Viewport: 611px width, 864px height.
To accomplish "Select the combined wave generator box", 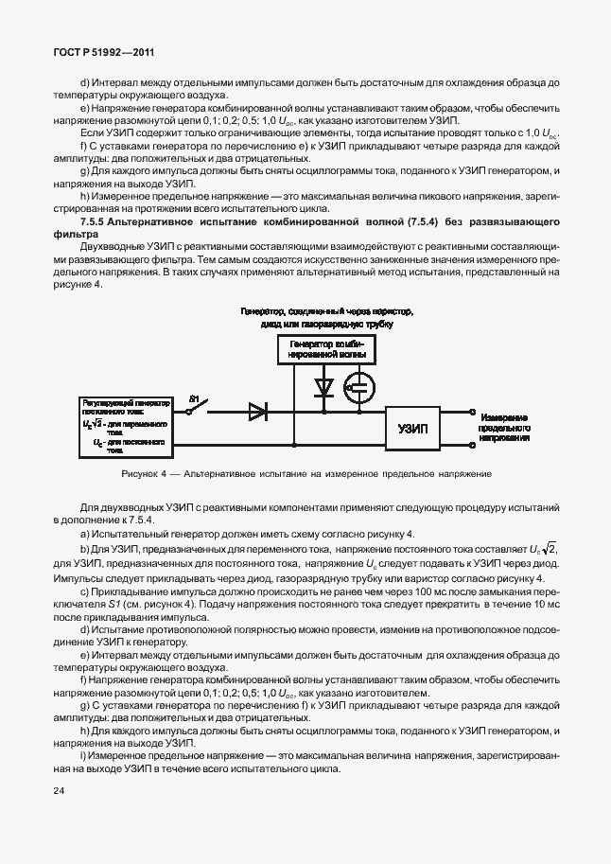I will coord(324,349).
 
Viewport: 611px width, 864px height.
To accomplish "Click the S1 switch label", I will coord(195,398).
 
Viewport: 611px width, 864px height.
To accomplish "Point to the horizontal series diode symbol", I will coord(257,411).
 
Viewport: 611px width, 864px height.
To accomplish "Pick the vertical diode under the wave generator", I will coord(323,387).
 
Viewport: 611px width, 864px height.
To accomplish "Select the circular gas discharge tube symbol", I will coord(360,386).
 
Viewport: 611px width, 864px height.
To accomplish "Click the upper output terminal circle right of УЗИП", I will coord(473,412).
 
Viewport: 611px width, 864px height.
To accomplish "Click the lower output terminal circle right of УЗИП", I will coord(473,443).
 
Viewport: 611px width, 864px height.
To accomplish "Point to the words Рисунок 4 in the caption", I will coord(144,473).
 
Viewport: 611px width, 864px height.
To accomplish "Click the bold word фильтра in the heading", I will coord(77,233).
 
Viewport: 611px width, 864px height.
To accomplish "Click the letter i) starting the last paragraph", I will coord(83,754).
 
